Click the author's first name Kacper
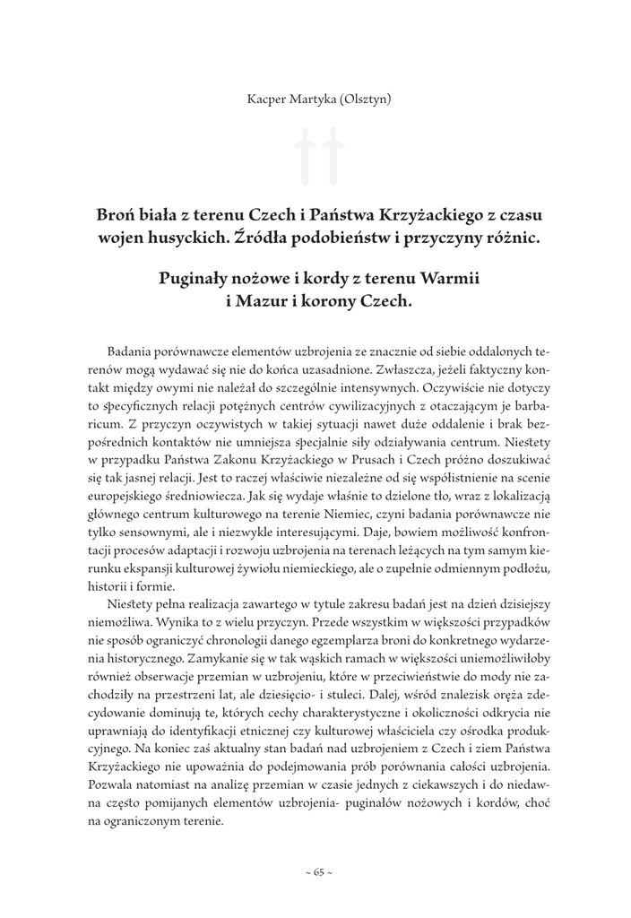click(x=266, y=99)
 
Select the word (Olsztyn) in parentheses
click(x=362, y=99)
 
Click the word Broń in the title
click(x=114, y=216)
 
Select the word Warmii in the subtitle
click(x=449, y=279)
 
